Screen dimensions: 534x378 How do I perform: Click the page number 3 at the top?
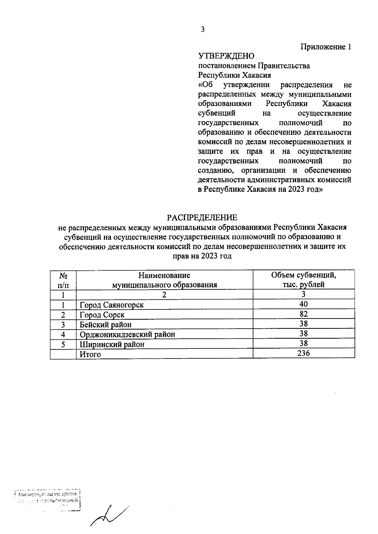pos(203,30)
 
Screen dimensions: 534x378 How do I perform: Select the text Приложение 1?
pos(326,47)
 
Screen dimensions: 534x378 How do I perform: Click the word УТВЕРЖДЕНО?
pos(226,56)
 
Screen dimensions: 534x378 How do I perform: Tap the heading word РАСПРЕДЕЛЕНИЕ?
pos(202,218)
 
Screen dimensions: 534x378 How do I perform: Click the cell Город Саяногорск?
pos(112,305)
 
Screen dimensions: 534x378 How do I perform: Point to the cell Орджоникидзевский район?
pos(127,334)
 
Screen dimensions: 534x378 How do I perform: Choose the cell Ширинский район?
pos(112,344)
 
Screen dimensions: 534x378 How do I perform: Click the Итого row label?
pos(90,354)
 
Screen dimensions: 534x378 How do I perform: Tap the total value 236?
pos(304,353)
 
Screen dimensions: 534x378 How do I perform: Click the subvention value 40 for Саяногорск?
pos(304,304)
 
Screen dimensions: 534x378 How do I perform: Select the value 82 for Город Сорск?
pos(304,314)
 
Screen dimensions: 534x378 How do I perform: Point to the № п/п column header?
pos(63,280)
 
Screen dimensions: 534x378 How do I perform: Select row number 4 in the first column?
pos(63,334)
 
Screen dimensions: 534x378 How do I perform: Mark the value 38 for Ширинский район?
pos(304,343)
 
